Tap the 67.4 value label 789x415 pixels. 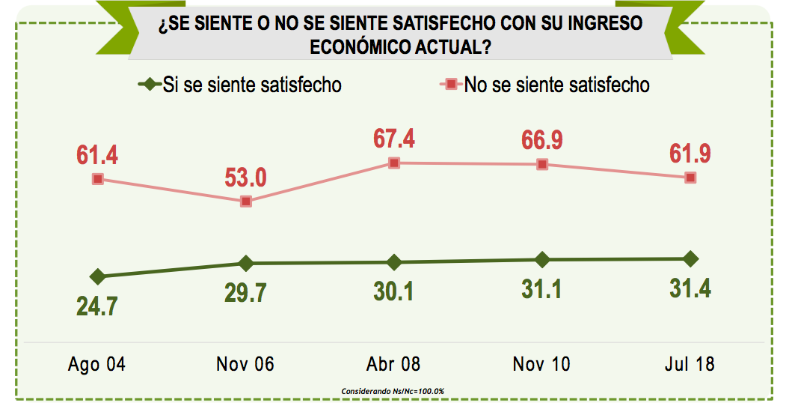tap(394, 139)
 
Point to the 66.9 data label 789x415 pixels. tap(542, 140)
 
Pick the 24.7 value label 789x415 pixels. tap(97, 306)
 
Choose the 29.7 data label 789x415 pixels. tap(246, 293)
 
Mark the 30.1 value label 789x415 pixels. tap(394, 291)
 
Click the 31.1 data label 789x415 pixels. tap(542, 289)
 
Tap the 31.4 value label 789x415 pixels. tap(690, 288)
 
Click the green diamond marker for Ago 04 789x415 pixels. tap(97, 276)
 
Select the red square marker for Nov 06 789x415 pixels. tap(246, 202)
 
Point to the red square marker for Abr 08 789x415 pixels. tap(394, 163)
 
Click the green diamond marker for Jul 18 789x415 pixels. tap(690, 258)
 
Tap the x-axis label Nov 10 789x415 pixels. tap(541, 364)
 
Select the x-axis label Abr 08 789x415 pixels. tap(393, 364)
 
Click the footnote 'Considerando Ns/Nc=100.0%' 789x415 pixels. tap(393, 392)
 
